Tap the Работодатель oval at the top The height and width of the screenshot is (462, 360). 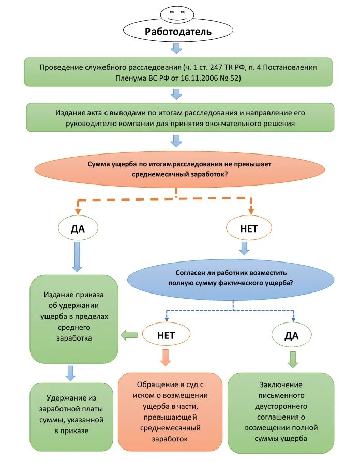[x=177, y=31]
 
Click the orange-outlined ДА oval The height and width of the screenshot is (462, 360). [x=78, y=228]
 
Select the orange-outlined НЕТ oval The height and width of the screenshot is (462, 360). [x=249, y=228]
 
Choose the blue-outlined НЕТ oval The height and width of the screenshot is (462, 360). [x=166, y=335]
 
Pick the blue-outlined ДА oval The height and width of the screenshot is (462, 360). [x=292, y=335]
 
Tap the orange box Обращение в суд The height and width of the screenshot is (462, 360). [x=170, y=412]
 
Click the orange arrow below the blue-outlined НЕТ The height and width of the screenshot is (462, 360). [x=166, y=358]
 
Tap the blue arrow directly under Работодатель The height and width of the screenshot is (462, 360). [x=177, y=48]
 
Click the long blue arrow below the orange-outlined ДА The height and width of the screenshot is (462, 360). [x=77, y=257]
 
